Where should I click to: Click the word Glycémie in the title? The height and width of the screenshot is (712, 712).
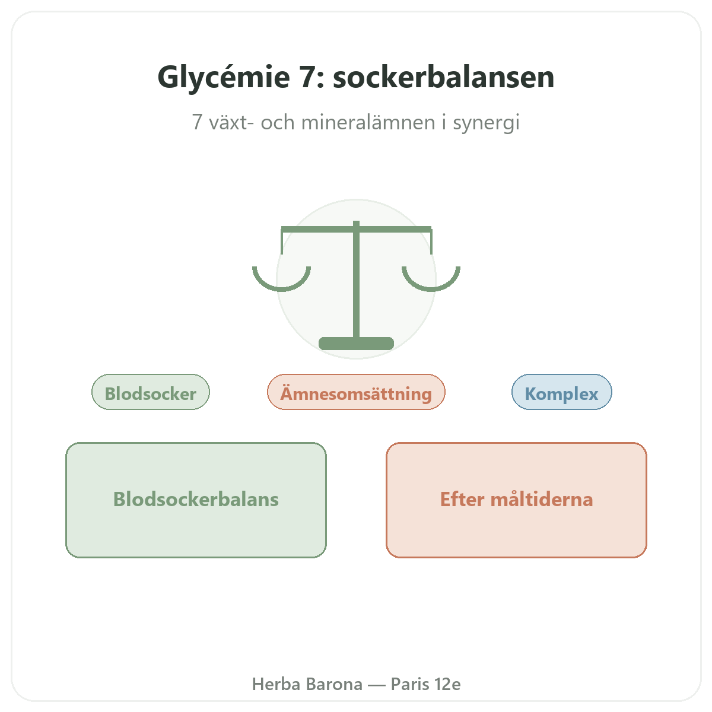(x=224, y=78)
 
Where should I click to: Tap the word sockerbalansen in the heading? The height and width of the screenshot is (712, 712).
(x=443, y=77)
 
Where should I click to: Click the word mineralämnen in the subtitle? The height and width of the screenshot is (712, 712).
(x=368, y=122)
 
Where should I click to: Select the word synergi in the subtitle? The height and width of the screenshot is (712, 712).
(x=487, y=123)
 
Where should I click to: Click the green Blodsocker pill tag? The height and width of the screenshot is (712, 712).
(x=150, y=392)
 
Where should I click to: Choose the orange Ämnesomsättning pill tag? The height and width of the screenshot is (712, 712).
(x=356, y=392)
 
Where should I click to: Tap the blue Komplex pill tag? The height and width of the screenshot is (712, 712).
(x=561, y=392)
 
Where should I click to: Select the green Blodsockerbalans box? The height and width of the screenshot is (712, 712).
(x=196, y=500)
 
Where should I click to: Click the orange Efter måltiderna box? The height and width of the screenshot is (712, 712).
(x=516, y=500)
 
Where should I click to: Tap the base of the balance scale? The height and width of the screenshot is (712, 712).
(x=356, y=344)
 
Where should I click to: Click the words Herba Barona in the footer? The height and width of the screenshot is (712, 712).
(x=307, y=684)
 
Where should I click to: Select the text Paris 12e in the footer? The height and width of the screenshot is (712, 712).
(x=425, y=684)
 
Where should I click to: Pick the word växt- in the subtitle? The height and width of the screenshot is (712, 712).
(x=231, y=122)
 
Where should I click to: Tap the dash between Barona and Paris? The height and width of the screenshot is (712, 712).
(x=377, y=685)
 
